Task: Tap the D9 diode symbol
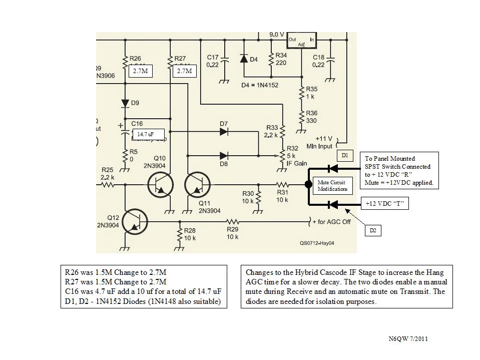(125, 104)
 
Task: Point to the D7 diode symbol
(223, 132)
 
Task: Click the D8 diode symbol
(223, 156)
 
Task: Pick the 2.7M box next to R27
(186, 71)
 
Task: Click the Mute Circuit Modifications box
(332, 186)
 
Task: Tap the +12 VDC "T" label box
(384, 204)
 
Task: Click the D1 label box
(345, 156)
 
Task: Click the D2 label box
(373, 230)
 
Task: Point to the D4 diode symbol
(244, 59)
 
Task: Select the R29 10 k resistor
(233, 221)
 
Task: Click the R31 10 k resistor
(282, 184)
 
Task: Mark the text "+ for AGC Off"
(331, 221)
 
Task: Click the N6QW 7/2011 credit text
(408, 339)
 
